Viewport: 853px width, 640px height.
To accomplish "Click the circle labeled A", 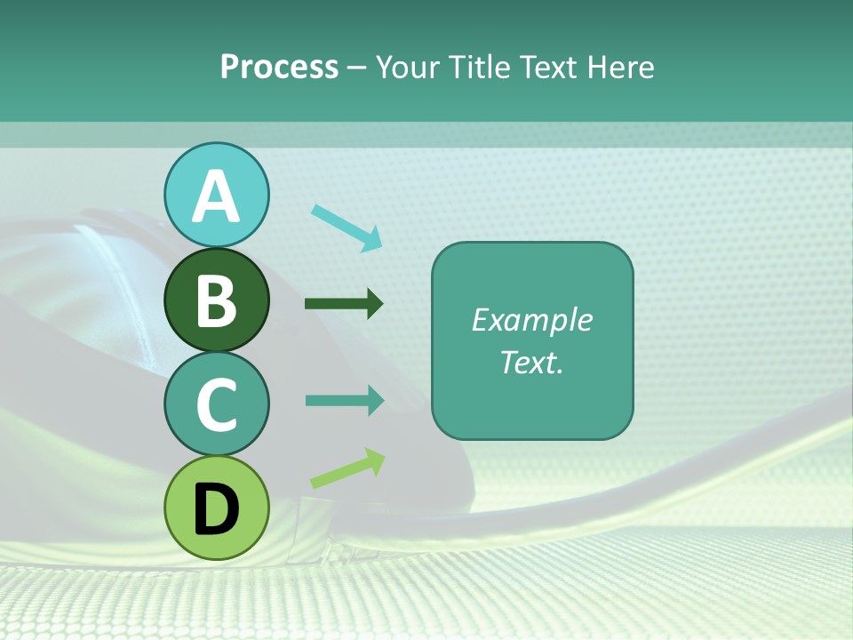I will (217, 195).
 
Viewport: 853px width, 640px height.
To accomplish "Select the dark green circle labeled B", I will (217, 300).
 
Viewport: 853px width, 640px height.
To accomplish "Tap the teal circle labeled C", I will (217, 404).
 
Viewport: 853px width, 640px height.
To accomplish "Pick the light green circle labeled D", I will (217, 508).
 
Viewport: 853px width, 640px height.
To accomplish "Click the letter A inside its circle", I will (217, 196).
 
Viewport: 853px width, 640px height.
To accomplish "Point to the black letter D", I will (217, 509).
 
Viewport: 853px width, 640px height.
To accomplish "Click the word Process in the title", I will (279, 67).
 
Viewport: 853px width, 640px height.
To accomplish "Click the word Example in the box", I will (531, 320).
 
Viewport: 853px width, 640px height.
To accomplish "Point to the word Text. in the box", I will (531, 362).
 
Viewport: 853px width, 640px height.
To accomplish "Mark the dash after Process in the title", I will (357, 68).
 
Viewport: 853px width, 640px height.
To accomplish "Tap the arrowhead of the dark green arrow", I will (374, 304).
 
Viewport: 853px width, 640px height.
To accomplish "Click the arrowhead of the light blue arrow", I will (371, 239).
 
